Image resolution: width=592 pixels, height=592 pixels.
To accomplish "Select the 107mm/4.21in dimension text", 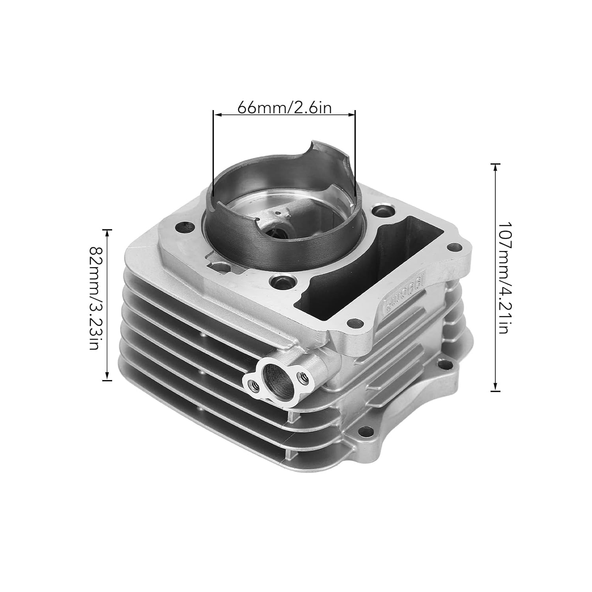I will pyautogui.click(x=501, y=277).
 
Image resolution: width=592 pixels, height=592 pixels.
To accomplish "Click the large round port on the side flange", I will pyautogui.click(x=275, y=377).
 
